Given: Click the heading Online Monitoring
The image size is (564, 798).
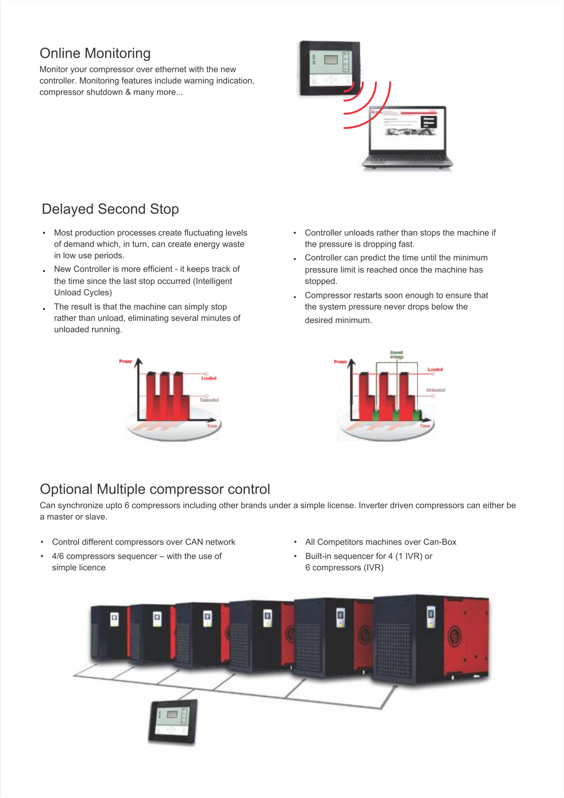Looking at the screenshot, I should (x=95, y=53).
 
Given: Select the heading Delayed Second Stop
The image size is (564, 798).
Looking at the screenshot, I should (x=110, y=209).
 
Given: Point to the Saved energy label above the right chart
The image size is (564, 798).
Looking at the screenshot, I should (x=396, y=354).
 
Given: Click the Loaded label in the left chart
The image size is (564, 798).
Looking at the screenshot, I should (x=209, y=378).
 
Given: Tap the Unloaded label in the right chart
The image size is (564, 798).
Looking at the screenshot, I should (x=435, y=390).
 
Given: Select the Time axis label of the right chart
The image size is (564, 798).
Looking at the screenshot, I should (x=425, y=426).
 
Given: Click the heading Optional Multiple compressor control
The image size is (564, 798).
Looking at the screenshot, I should (x=155, y=489).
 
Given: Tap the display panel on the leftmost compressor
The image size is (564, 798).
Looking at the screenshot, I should (x=114, y=619).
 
